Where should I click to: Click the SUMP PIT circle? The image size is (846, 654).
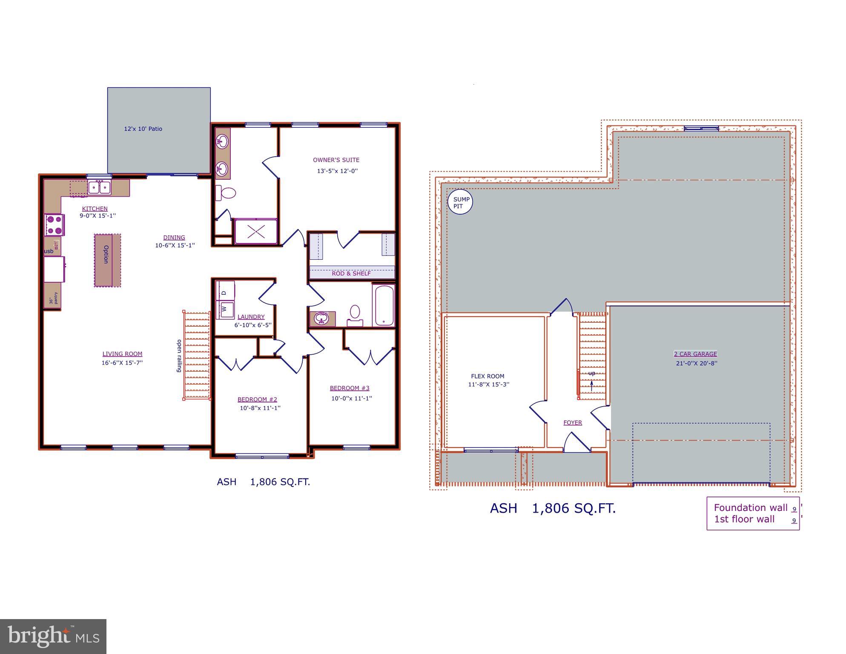pyautogui.click(x=460, y=202)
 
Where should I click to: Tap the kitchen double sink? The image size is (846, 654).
pyautogui.click(x=99, y=187)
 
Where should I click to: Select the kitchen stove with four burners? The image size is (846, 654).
pyautogui.click(x=54, y=225)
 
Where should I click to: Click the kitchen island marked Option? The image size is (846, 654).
pyautogui.click(x=107, y=260)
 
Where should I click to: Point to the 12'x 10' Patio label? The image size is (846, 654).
pyautogui.click(x=143, y=129)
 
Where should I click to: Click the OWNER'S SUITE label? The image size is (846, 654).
pyautogui.click(x=336, y=160)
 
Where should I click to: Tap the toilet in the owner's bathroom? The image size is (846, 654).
pyautogui.click(x=226, y=193)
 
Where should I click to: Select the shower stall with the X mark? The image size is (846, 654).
pyautogui.click(x=256, y=232)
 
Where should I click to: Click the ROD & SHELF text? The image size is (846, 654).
pyautogui.click(x=351, y=273)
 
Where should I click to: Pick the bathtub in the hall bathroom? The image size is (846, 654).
pyautogui.click(x=384, y=305)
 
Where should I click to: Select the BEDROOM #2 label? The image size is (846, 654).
pyautogui.click(x=257, y=399)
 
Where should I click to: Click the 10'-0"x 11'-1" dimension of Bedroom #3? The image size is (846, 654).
pyautogui.click(x=352, y=399)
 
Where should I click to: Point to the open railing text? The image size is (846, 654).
pyautogui.click(x=179, y=356)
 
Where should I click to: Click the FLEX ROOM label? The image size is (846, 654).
pyautogui.click(x=488, y=376)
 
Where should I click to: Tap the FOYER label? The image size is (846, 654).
pyautogui.click(x=572, y=422)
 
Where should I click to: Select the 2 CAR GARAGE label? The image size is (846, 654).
pyautogui.click(x=695, y=354)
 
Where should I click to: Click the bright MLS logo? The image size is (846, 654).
pyautogui.click(x=53, y=636)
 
